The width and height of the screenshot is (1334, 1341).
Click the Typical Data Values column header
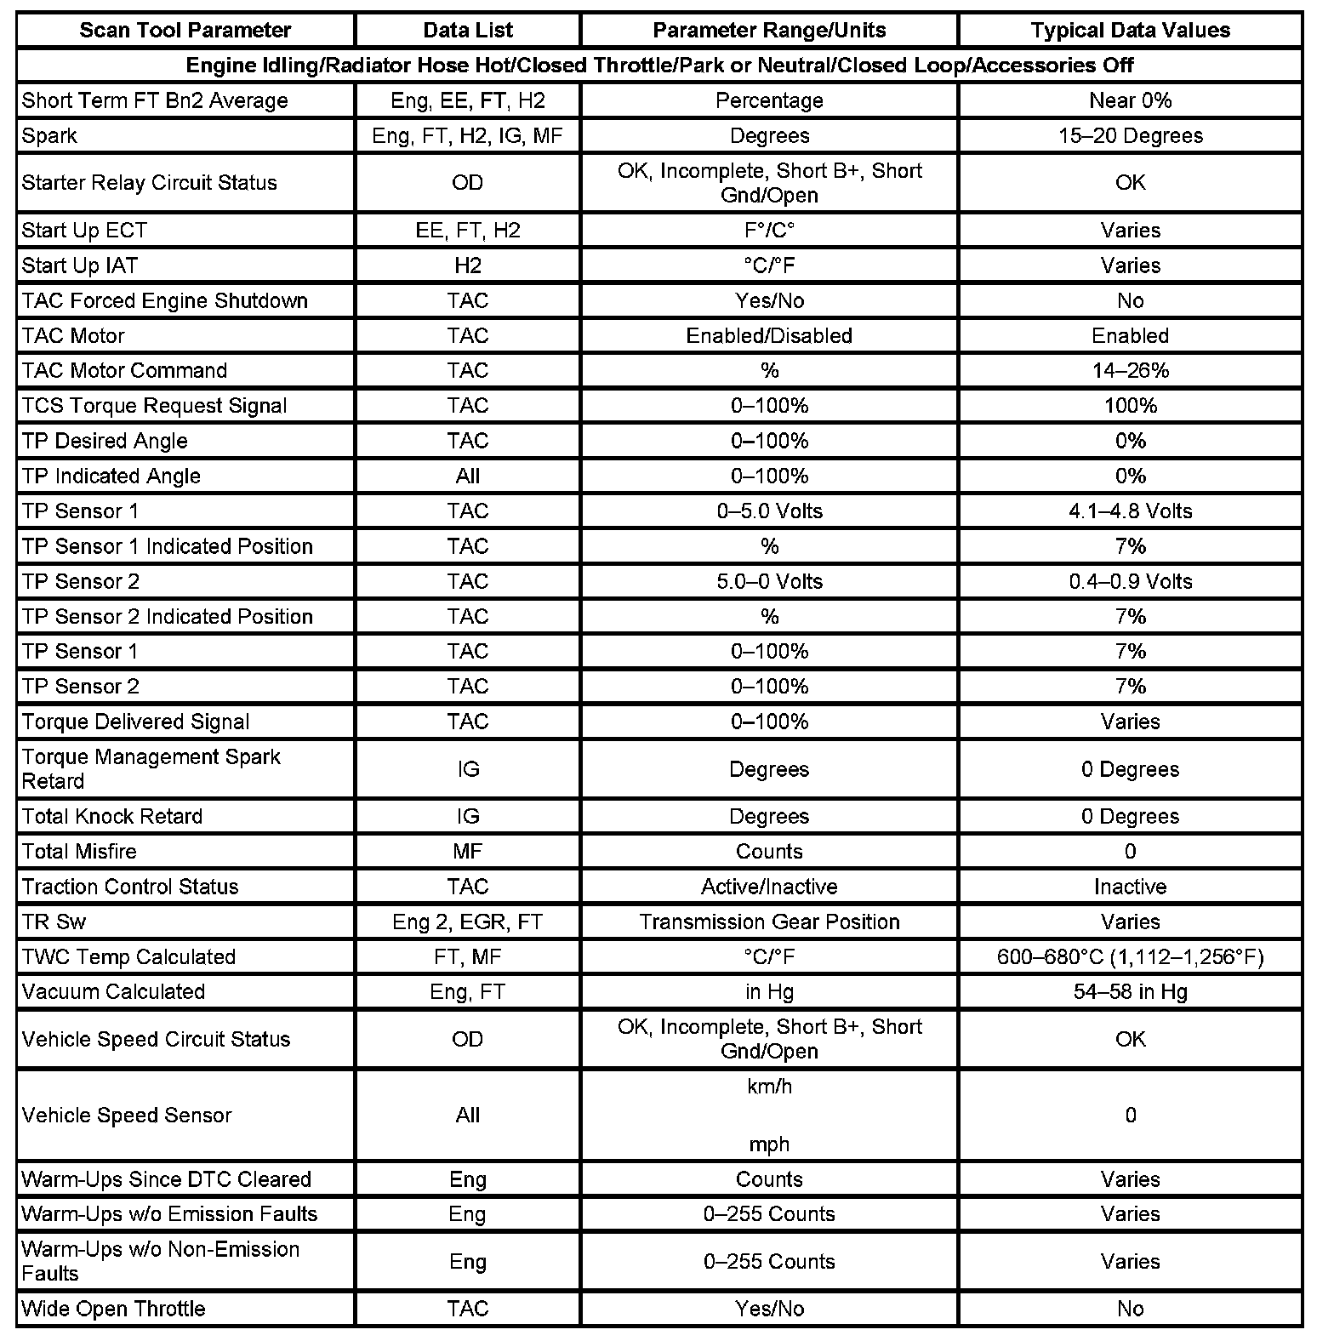tap(1130, 31)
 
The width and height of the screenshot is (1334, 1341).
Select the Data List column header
tap(468, 31)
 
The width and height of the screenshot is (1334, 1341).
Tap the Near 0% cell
tap(1130, 100)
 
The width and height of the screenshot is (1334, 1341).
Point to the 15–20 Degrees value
tap(1130, 136)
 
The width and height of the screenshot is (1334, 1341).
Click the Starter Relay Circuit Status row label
tap(149, 183)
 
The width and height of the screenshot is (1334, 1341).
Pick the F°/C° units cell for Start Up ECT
tap(769, 231)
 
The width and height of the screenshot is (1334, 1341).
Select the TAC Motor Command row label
tap(124, 371)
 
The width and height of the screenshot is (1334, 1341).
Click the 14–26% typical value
tap(1130, 371)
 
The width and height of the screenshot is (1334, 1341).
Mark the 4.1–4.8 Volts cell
tap(1130, 511)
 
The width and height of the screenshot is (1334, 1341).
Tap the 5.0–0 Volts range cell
tap(769, 582)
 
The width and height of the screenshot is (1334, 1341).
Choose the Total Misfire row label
tap(79, 852)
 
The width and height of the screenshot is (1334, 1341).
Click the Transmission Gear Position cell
tap(769, 922)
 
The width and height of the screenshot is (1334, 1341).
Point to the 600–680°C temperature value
tap(1130, 957)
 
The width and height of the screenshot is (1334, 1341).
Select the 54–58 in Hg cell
tap(1130, 992)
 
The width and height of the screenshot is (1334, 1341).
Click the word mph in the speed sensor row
tap(769, 1144)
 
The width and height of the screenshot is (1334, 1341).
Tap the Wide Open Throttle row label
tap(113, 1309)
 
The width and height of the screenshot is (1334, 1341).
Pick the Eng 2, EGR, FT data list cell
tap(468, 922)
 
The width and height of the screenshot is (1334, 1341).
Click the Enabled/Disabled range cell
tap(769, 336)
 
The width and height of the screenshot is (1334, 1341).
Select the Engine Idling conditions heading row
tap(659, 66)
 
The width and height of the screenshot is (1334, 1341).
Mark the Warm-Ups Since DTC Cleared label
tap(166, 1179)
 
